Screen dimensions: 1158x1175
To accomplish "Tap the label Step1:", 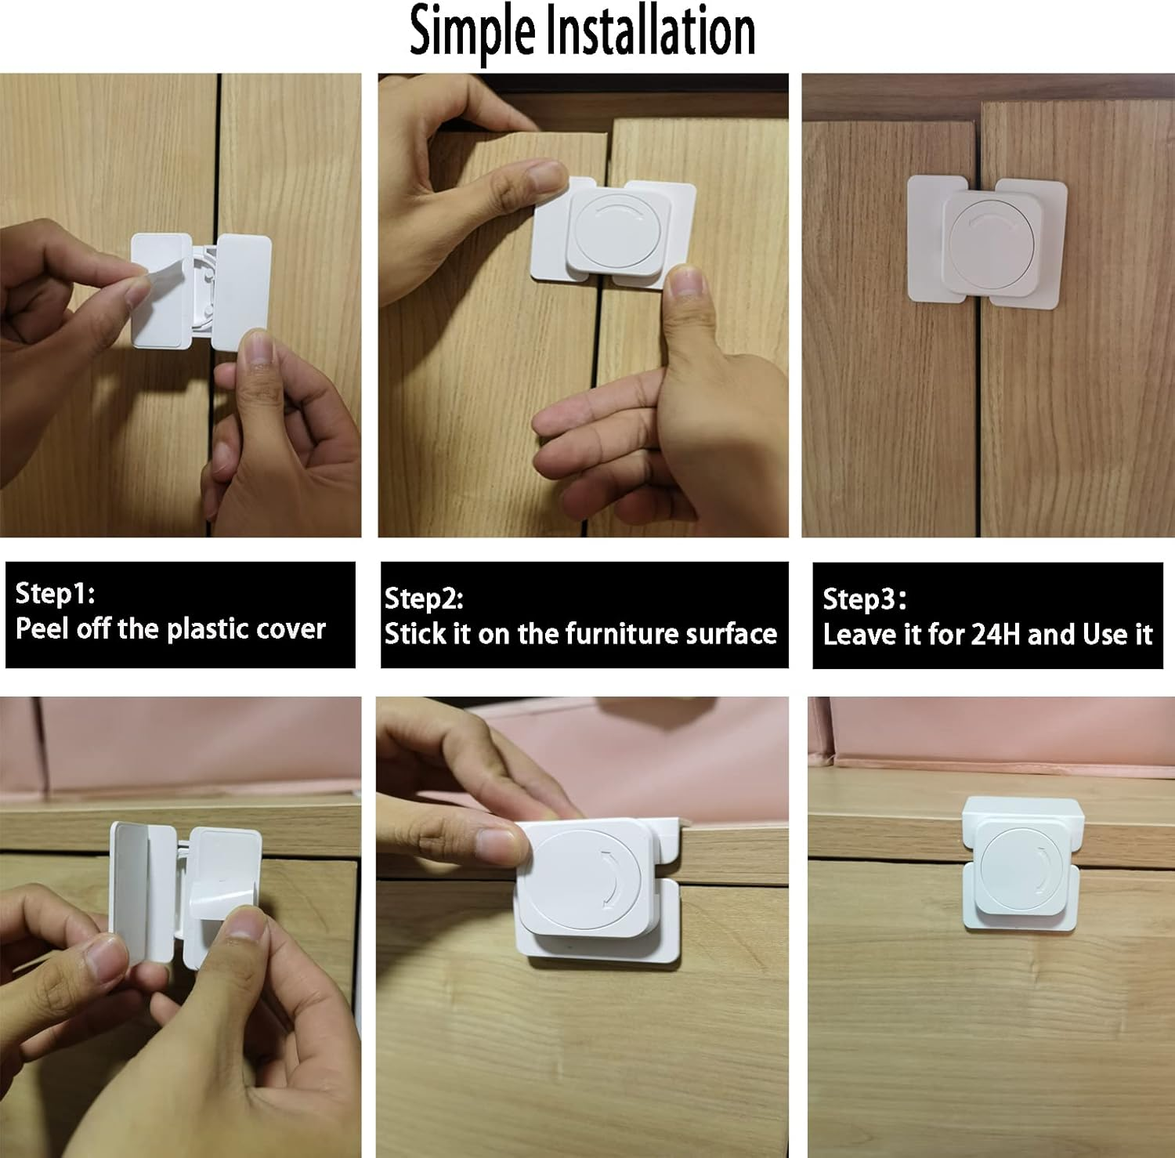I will pyautogui.click(x=55, y=593).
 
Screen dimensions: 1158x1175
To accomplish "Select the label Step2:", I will pyautogui.click(x=424, y=599).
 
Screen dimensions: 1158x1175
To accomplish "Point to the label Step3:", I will pyautogui.click(x=864, y=599).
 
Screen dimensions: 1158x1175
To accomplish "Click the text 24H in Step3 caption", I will pyautogui.click(x=995, y=634).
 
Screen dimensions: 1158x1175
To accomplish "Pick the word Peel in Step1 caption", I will pyautogui.click(x=43, y=628).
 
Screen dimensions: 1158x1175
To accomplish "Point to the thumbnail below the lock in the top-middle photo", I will pyautogui.click(x=685, y=281).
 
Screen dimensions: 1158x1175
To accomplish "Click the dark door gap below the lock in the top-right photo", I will pyautogui.click(x=979, y=415).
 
